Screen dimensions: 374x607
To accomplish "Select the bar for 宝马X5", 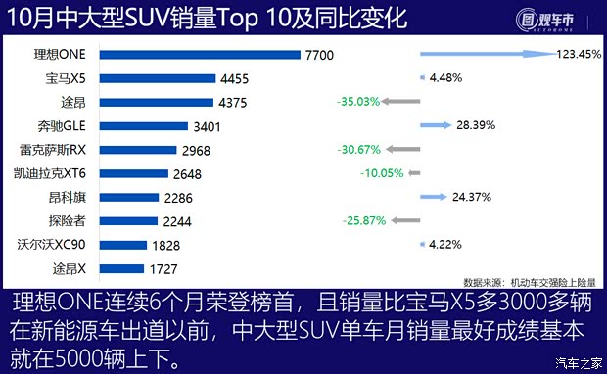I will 159,78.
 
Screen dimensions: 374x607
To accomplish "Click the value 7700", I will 318,55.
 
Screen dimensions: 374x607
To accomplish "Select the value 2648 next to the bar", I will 196,173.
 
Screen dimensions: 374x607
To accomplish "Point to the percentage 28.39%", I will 474,125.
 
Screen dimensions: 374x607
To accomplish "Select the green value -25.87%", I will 363,220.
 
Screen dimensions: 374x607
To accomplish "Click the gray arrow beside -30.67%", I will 401,149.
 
